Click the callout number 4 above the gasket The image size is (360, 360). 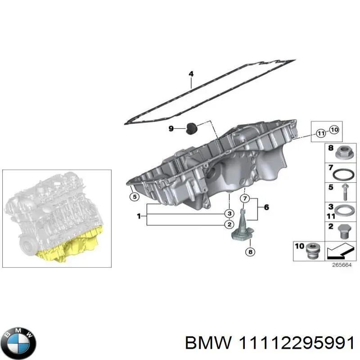(191, 74)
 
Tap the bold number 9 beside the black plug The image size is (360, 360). (171, 129)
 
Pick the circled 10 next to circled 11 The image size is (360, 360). (333, 130)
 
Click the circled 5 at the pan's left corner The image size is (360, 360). (134, 196)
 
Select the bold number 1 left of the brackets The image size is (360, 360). (138, 216)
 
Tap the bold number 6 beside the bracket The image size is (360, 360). (266, 207)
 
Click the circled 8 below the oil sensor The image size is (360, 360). (250, 252)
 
